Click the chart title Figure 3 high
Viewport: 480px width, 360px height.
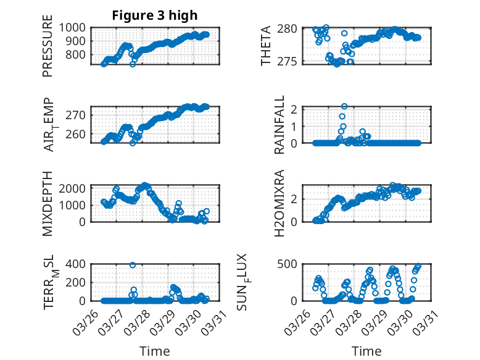coord(154,15)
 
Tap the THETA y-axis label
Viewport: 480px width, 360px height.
coord(266,46)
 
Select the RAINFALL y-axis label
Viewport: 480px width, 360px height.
coord(279,125)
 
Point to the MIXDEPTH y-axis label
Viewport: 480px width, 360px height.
coord(48,203)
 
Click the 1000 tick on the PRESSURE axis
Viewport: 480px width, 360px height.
coord(74,28)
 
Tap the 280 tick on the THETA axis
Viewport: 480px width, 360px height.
coord(291,29)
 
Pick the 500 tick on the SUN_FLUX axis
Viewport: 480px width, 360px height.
coord(291,264)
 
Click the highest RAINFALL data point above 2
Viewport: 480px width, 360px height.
coord(344,106)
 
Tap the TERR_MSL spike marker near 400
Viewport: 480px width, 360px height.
coord(133,265)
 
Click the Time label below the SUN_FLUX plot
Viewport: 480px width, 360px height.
coord(366,351)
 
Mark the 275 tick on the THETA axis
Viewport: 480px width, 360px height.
coord(291,61)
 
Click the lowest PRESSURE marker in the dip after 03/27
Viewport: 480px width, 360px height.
coord(133,64)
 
